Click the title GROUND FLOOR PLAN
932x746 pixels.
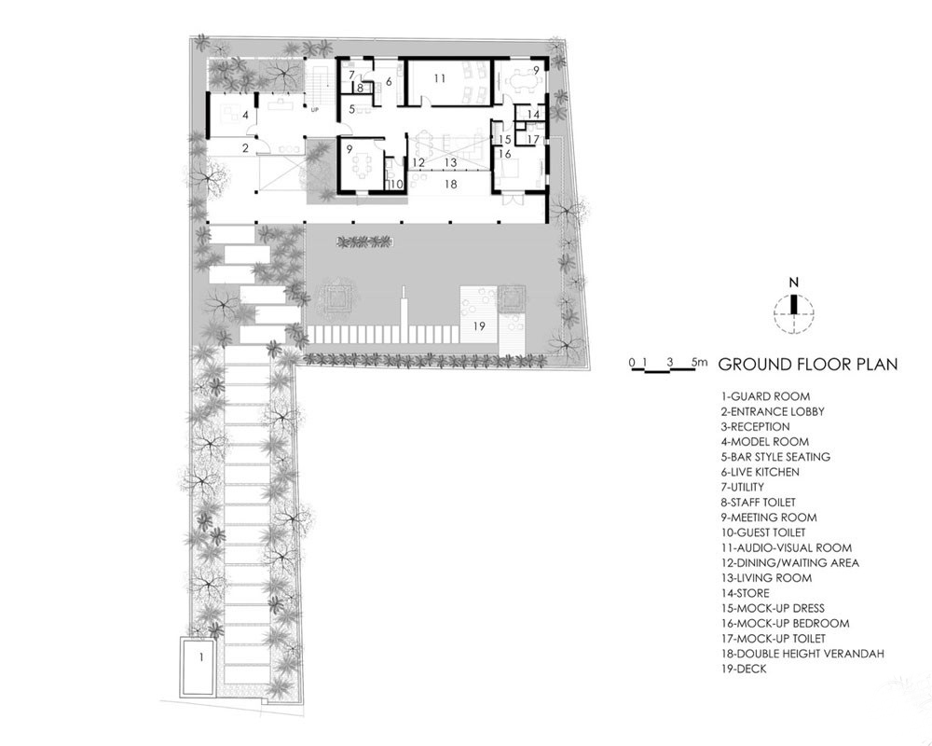(x=808, y=364)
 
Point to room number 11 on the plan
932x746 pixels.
(x=439, y=78)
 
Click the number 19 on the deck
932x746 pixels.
(x=479, y=326)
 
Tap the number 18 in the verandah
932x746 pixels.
(x=450, y=185)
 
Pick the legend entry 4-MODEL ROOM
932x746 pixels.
(x=765, y=441)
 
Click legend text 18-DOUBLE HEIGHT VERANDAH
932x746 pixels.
(x=802, y=653)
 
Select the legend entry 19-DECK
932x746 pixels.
(x=744, y=669)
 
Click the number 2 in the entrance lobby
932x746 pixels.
(x=245, y=148)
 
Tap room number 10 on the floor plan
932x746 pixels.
(x=396, y=185)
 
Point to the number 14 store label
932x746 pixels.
(x=533, y=114)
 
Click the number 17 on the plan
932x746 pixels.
(x=533, y=139)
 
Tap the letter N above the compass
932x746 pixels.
(x=793, y=283)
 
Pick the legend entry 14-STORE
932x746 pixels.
(x=746, y=593)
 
